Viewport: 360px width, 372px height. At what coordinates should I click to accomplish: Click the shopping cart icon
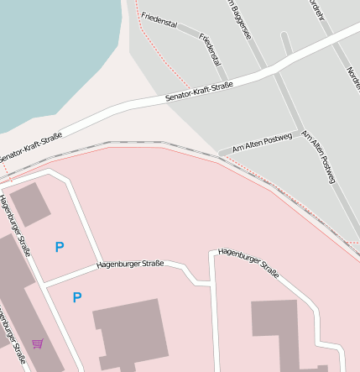[x=38, y=343]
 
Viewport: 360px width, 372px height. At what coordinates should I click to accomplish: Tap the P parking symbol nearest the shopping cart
[x=77, y=297]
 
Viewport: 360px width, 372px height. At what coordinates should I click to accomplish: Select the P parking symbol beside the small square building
[x=59, y=247]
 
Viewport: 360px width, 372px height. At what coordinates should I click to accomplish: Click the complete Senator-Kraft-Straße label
[x=199, y=92]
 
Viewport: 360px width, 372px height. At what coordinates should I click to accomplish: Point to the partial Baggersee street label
[x=239, y=19]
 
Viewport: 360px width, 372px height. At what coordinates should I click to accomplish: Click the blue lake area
[x=50, y=50]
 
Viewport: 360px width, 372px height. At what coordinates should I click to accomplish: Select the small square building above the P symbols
[x=30, y=204]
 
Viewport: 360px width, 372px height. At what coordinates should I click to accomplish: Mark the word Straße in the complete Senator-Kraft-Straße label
[x=221, y=86]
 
